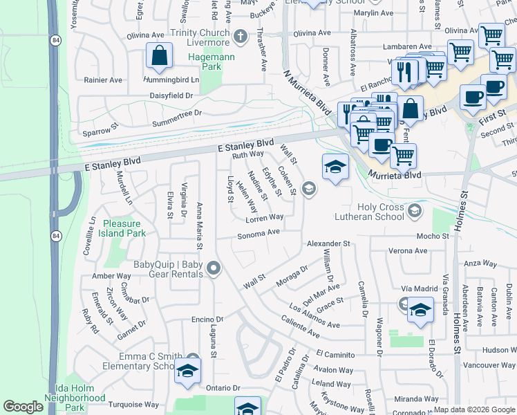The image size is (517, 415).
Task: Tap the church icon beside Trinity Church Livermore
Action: click(x=241, y=36)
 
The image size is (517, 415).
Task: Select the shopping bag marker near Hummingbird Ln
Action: click(x=159, y=57)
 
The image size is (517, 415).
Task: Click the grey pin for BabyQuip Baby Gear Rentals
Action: click(x=214, y=268)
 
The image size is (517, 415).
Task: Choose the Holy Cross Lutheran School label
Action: click(x=380, y=212)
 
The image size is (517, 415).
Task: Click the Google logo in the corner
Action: click(x=23, y=407)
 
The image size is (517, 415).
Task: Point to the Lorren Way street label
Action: click(x=264, y=217)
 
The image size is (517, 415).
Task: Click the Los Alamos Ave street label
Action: click(x=315, y=315)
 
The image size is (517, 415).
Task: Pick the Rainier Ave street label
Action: click(x=102, y=80)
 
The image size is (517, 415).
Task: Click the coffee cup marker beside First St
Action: click(x=473, y=98)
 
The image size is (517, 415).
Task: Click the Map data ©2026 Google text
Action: click(x=474, y=409)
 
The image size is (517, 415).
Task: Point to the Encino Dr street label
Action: click(x=187, y=319)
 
